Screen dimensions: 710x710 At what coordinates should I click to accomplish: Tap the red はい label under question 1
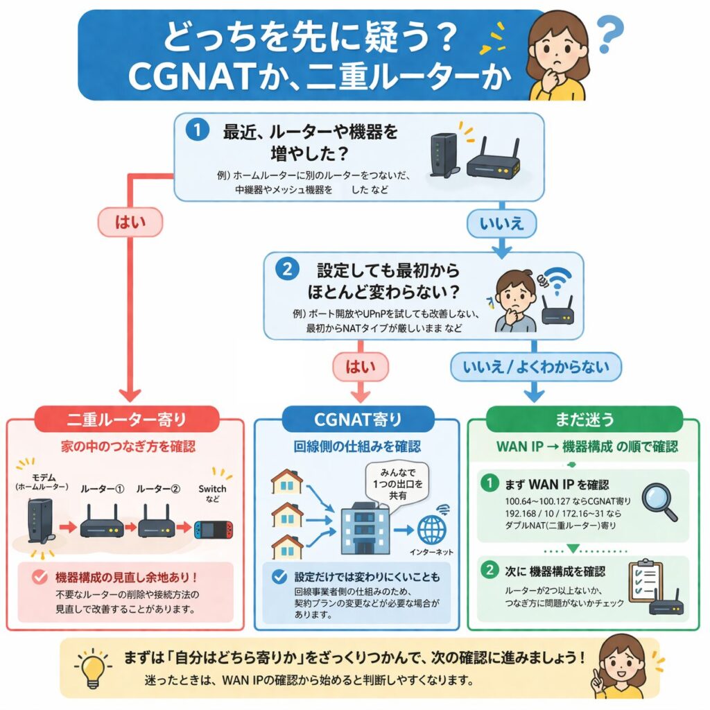tap(130, 223)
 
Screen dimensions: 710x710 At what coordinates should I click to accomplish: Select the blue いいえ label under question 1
tap(500, 223)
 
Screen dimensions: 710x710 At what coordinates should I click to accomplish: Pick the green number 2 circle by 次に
tap(490, 571)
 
